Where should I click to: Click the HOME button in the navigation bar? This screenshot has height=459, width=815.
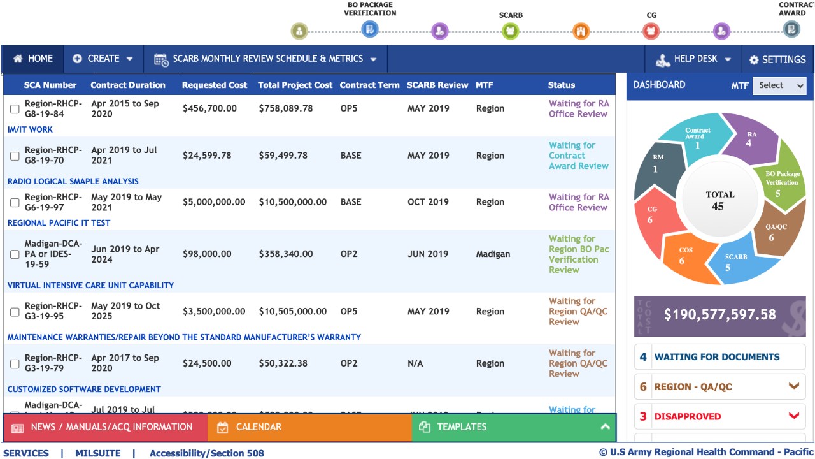pyautogui.click(x=33, y=59)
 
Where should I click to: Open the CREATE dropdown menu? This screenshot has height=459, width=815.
pyautogui.click(x=103, y=59)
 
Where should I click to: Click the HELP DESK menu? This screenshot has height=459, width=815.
pyautogui.click(x=693, y=59)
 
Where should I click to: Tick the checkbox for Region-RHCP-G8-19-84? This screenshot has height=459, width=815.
pyautogui.click(x=15, y=109)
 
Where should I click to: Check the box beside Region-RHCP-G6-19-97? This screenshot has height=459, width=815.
pyautogui.click(x=15, y=203)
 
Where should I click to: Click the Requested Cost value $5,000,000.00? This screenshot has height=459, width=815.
pyautogui.click(x=214, y=202)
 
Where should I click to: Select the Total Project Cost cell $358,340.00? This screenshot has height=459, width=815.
pyautogui.click(x=286, y=254)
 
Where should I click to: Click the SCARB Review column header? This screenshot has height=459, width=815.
pyautogui.click(x=437, y=85)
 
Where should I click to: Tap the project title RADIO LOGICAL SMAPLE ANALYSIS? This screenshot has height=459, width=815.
pyautogui.click(x=73, y=181)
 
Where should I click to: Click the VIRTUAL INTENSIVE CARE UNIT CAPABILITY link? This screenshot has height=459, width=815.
pyautogui.click(x=90, y=285)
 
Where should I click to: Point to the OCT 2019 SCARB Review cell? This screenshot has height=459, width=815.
pyautogui.click(x=428, y=202)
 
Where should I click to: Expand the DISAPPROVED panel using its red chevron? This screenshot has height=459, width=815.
pyautogui.click(x=793, y=416)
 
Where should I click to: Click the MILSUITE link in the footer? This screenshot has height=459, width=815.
pyautogui.click(x=97, y=453)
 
